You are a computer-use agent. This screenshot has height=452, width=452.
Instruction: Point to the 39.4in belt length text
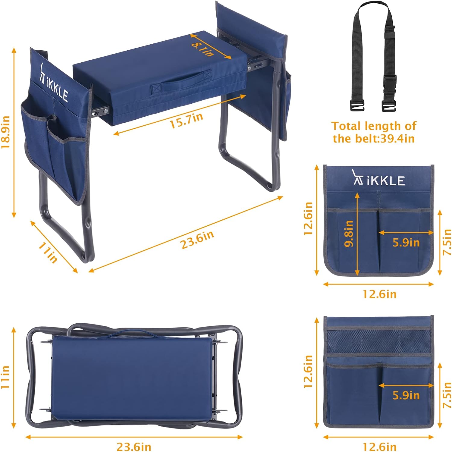click(374, 132)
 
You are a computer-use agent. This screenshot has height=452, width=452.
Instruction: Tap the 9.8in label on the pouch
click(349, 234)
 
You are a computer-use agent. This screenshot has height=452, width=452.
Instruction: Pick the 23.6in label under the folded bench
click(134, 446)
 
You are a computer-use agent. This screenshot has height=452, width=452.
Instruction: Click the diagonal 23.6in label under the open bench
click(197, 240)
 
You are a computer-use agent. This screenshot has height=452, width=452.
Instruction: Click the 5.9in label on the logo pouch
click(406, 243)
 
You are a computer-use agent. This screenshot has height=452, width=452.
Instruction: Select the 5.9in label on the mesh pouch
click(406, 395)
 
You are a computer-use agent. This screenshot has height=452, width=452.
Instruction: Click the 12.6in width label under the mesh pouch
click(379, 446)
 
